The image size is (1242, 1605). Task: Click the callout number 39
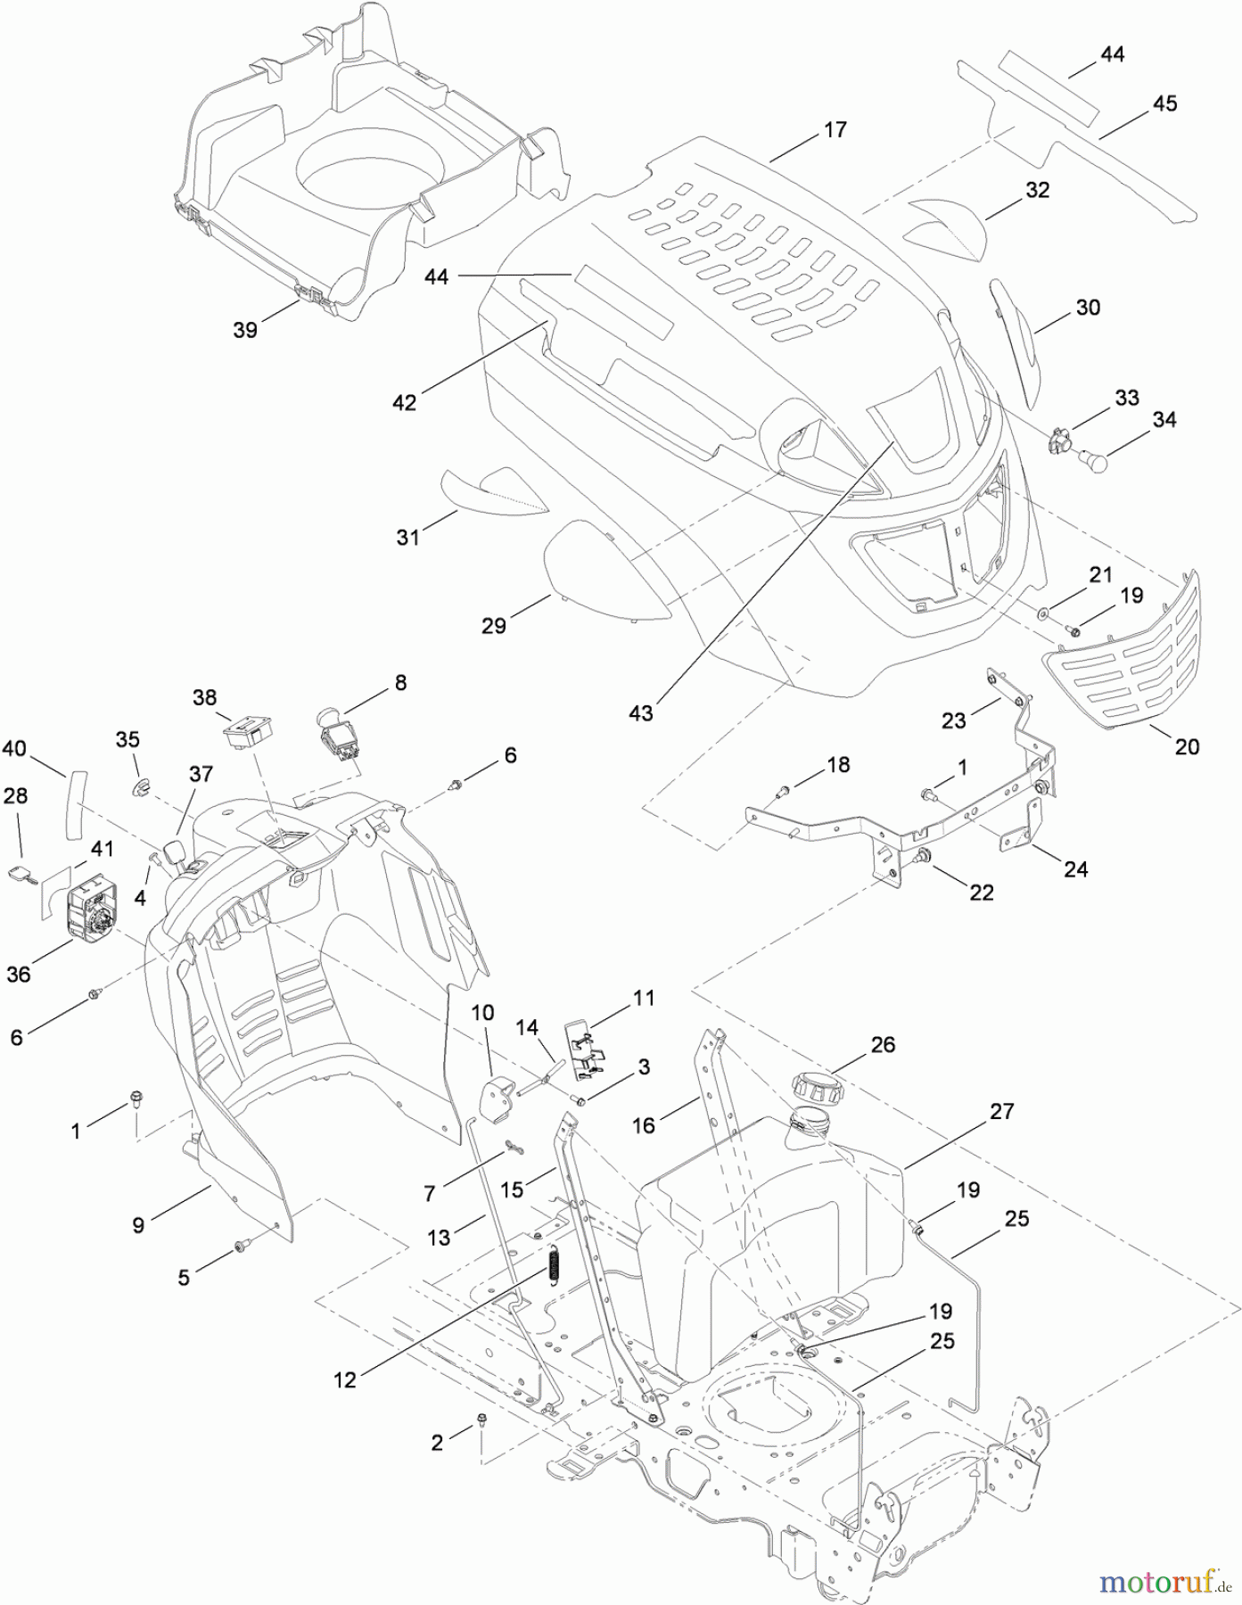(x=245, y=329)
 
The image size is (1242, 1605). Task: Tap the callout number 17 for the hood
(x=835, y=130)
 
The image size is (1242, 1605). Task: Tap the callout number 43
(x=641, y=712)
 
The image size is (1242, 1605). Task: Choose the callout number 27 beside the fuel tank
(x=1002, y=1111)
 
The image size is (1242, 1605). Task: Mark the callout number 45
(x=1164, y=104)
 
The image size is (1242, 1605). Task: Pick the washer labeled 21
(x=1042, y=613)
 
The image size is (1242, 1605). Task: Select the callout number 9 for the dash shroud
(x=138, y=1225)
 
